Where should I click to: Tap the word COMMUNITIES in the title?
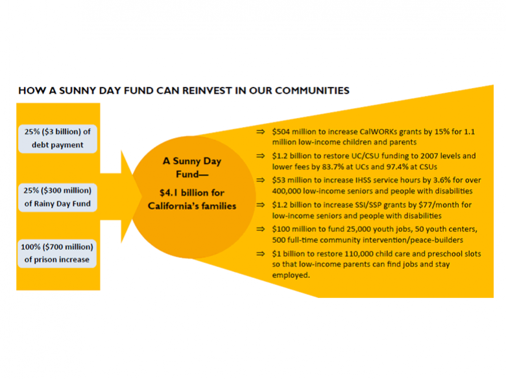click(312, 91)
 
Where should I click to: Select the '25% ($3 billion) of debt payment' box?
click(58, 139)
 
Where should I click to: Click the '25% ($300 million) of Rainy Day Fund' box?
click(58, 197)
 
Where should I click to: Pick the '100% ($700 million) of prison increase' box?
click(57, 253)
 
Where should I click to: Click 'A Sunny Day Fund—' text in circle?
click(192, 168)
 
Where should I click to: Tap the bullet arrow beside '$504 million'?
click(260, 132)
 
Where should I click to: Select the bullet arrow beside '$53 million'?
click(260, 180)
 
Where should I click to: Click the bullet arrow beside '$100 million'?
click(260, 229)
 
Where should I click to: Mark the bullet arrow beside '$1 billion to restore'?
click(260, 254)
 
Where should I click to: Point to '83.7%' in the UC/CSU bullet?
click(333, 167)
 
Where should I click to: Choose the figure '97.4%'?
click(398, 167)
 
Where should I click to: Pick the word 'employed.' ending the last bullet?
click(291, 275)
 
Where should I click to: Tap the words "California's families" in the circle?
click(192, 206)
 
